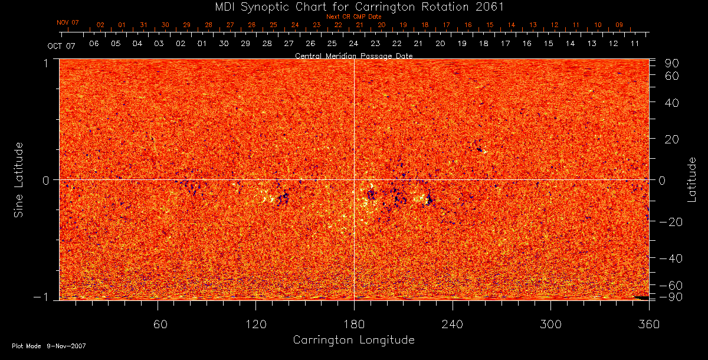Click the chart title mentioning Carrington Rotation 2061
[353, 6]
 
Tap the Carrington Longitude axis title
[353, 340]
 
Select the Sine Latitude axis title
[19, 179]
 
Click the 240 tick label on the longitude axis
[453, 324]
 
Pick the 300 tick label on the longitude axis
[550, 324]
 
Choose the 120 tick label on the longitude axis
[255, 324]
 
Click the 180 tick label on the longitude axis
[354, 324]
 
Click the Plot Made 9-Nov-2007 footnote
[49, 346]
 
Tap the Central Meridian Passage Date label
[353, 55]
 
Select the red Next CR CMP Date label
[353, 17]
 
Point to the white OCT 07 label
[62, 45]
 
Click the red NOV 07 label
[68, 22]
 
